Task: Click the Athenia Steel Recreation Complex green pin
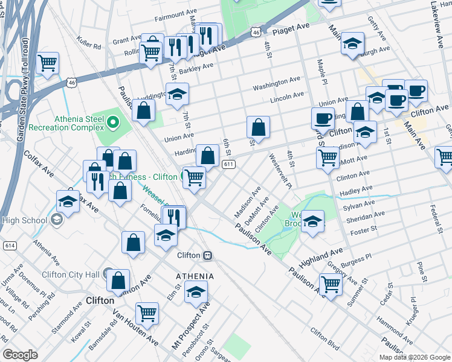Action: [111, 124]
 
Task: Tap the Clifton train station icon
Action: [207, 255]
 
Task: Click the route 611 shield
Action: [228, 165]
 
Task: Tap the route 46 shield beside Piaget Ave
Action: [257, 31]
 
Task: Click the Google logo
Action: [20, 355]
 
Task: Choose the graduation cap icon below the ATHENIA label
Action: [196, 292]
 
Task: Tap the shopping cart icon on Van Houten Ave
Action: [147, 313]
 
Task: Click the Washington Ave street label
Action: [276, 83]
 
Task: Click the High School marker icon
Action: [57, 220]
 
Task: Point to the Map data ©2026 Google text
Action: [414, 357]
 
